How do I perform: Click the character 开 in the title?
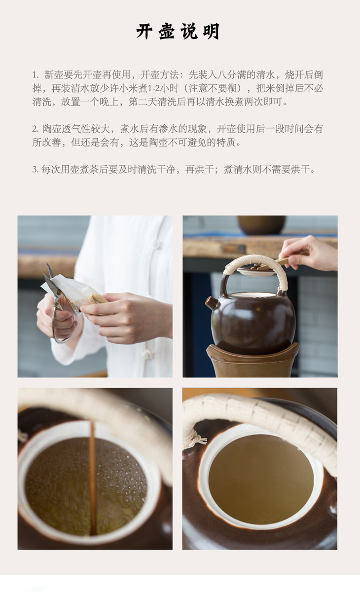(x=144, y=32)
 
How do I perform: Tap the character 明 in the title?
(x=211, y=32)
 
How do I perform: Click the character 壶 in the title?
(x=167, y=32)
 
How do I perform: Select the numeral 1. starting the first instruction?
(x=36, y=75)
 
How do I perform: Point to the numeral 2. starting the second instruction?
(x=36, y=129)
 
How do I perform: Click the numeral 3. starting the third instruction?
(x=36, y=169)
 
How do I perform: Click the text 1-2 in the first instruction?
(x=154, y=88)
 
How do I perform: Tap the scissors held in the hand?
(x=57, y=301)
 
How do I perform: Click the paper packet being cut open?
(x=74, y=291)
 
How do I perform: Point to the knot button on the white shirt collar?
(x=156, y=245)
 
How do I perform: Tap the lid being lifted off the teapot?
(x=256, y=270)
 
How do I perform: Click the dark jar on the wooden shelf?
(x=261, y=225)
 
